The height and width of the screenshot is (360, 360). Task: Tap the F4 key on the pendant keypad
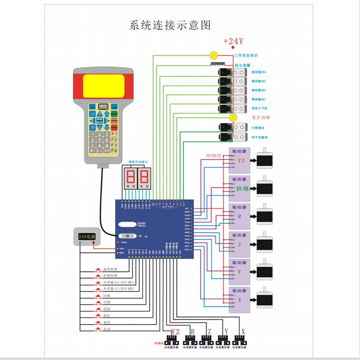114,151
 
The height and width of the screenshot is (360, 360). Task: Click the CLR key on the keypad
107,151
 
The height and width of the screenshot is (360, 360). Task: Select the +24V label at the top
233,41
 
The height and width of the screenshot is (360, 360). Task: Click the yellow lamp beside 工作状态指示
214,55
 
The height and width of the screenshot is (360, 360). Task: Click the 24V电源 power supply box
87,237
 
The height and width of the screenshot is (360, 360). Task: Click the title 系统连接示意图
170,25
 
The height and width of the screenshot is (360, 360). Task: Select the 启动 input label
106,329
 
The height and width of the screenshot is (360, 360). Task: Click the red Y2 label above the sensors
175,332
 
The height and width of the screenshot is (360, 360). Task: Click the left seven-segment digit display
129,178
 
